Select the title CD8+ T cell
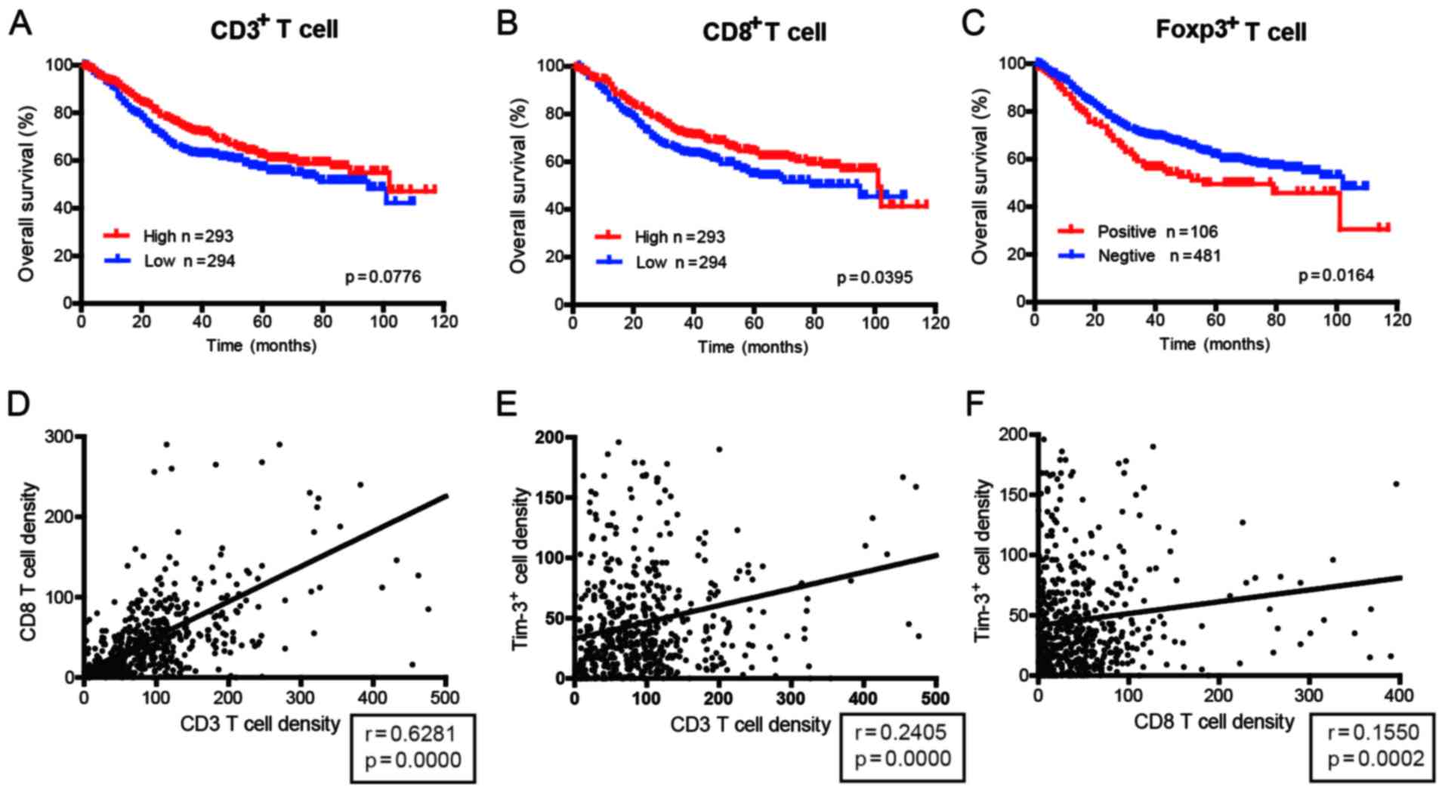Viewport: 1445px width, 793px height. coord(764,31)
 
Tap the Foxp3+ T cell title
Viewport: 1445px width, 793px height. coord(1230,29)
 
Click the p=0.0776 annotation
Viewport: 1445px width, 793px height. coord(383,277)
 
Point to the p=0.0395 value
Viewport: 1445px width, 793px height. coord(874,278)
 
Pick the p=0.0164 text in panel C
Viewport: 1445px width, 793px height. coord(1335,276)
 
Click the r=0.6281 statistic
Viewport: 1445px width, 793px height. coord(413,733)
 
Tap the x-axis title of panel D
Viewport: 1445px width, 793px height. coord(260,724)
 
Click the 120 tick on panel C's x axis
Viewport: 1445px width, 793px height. coord(1398,320)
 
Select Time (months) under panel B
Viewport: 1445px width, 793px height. coord(752,347)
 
